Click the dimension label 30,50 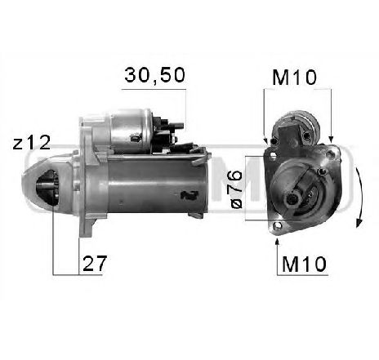[154, 76]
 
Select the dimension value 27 [94, 263]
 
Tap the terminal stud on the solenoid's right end [171, 131]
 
